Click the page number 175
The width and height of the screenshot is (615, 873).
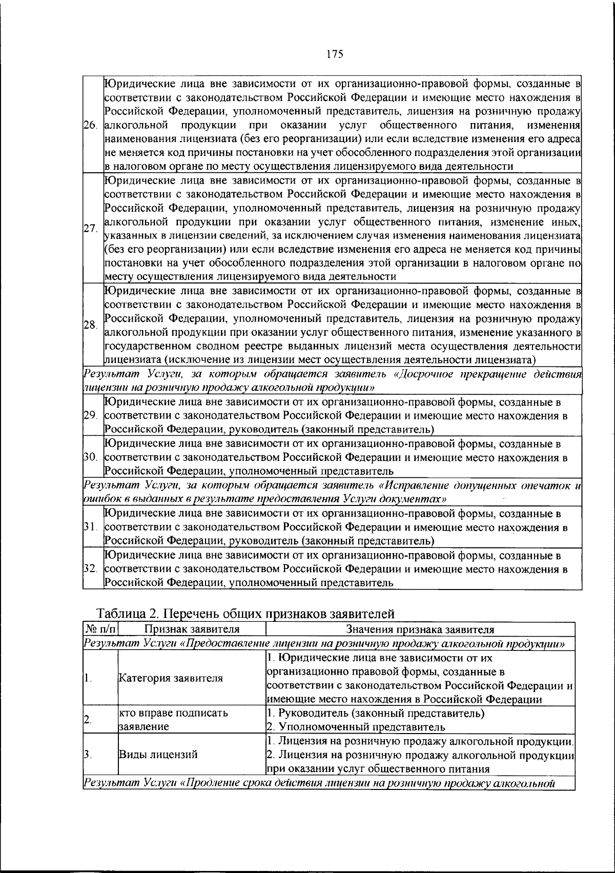tap(334, 54)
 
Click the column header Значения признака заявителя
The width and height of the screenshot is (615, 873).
tap(420, 630)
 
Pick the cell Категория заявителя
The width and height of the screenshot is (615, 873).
tap(171, 678)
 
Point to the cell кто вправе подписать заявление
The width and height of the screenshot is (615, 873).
tap(174, 720)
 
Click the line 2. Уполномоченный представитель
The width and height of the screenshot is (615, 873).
tap(356, 727)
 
